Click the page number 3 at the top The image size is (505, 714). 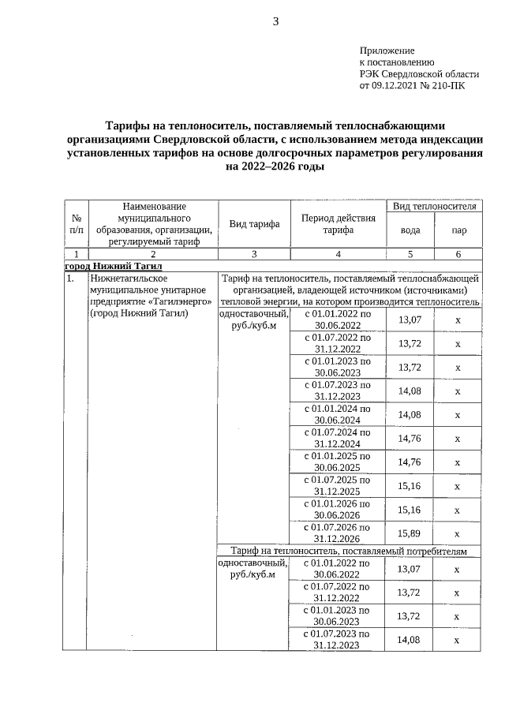pos(275,21)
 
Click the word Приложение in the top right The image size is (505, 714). pos(387,50)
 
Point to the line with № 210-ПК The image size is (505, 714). pos(412,85)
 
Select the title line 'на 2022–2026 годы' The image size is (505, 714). pos(275,166)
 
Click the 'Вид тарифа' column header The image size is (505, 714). pos(254,224)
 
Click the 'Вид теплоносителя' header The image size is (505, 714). pos(434,206)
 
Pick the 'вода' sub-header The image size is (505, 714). pos(410,231)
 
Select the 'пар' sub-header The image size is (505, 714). pos(458,231)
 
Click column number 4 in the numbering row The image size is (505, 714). pos(338,254)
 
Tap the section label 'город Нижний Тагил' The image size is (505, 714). pos(113,266)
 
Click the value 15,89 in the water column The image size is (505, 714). pos(410,533)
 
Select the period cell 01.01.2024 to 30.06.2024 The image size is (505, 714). pos(338,414)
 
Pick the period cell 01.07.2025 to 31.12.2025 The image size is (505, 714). pos(338,485)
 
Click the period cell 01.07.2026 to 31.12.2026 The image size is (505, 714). pos(338,533)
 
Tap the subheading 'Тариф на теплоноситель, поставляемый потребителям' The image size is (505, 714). pos(348,551)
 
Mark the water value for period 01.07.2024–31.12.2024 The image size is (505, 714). pos(410,439)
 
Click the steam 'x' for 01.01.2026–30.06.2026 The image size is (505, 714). pos(458,510)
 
